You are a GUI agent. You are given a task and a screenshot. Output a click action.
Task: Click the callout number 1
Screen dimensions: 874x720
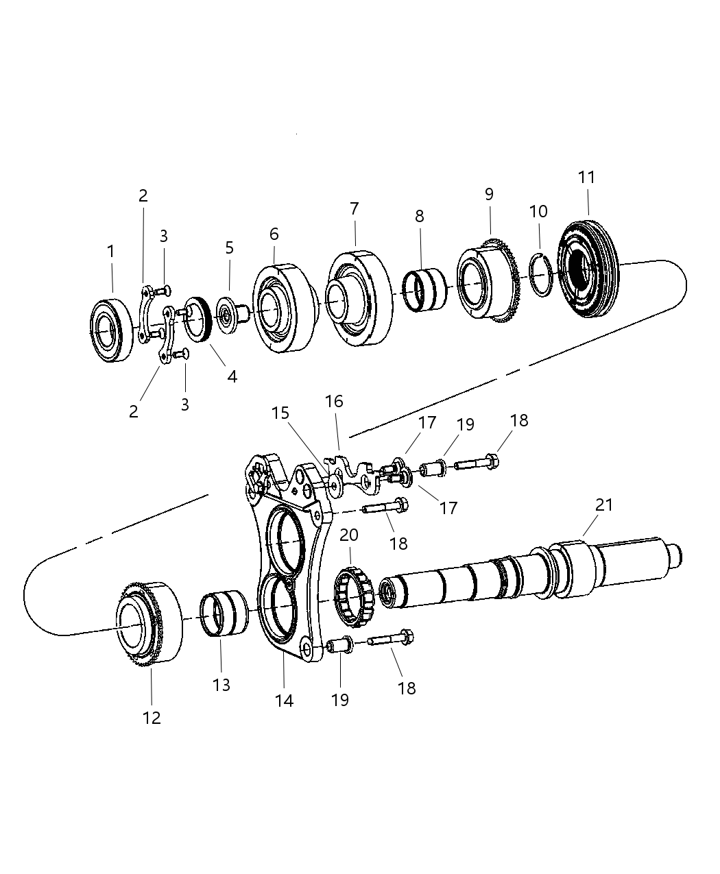[x=111, y=252]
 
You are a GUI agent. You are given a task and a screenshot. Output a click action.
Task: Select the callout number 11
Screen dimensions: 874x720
[x=586, y=177]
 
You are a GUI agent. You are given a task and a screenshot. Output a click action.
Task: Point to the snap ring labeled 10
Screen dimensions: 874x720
[x=541, y=275]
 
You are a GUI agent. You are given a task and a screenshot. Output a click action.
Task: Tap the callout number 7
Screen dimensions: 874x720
[x=355, y=208]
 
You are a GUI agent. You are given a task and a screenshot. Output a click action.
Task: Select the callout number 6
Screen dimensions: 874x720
[x=274, y=234]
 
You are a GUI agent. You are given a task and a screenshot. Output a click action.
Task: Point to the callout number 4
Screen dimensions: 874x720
[x=232, y=376]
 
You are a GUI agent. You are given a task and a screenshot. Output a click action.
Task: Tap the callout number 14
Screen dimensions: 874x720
[x=284, y=700]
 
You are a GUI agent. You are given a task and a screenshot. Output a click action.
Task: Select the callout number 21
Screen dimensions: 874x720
[x=603, y=505]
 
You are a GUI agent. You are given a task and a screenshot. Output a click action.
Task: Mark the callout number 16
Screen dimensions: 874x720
[x=334, y=401]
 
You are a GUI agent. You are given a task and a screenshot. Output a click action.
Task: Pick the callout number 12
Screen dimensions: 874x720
[x=152, y=717]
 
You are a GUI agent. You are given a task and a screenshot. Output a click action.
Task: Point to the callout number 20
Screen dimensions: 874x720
[x=349, y=535]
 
